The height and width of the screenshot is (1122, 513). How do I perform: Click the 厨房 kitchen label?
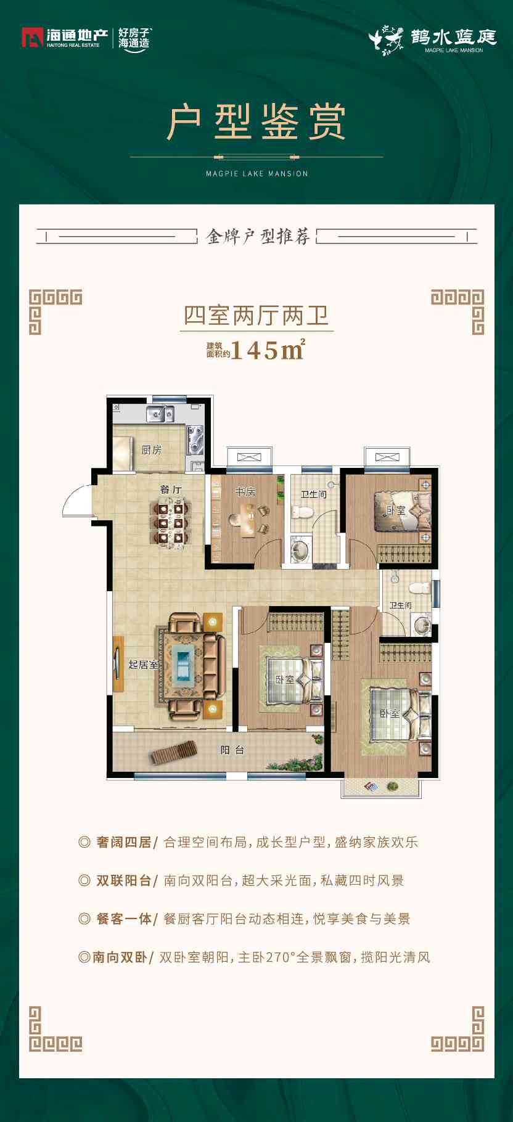pyautogui.click(x=151, y=450)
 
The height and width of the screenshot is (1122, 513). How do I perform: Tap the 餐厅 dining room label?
pyautogui.click(x=171, y=489)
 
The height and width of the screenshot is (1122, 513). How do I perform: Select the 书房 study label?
pyautogui.click(x=245, y=492)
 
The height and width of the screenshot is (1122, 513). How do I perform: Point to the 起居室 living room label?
pyautogui.click(x=143, y=664)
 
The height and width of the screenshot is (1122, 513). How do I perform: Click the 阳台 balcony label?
pyautogui.click(x=232, y=750)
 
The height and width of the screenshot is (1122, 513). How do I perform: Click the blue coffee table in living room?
pyautogui.click(x=184, y=663)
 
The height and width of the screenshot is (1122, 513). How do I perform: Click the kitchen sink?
pyautogui.click(x=160, y=414)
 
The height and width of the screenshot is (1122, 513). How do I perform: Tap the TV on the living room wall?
pyautogui.click(x=117, y=663)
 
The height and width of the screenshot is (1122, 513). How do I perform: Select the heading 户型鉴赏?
pyautogui.click(x=256, y=123)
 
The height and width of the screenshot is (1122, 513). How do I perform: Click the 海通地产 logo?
pyautogui.click(x=61, y=38)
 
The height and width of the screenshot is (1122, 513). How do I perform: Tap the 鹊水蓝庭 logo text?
pyautogui.click(x=453, y=37)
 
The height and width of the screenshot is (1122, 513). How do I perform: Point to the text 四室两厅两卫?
pyautogui.click(x=256, y=316)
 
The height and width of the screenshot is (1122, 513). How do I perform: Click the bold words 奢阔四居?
pyautogui.click(x=123, y=842)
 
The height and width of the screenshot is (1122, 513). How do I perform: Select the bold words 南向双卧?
pyautogui.click(x=120, y=957)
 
